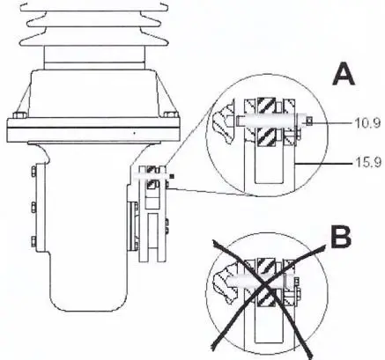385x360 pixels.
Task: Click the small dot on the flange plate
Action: click(x=133, y=132)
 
